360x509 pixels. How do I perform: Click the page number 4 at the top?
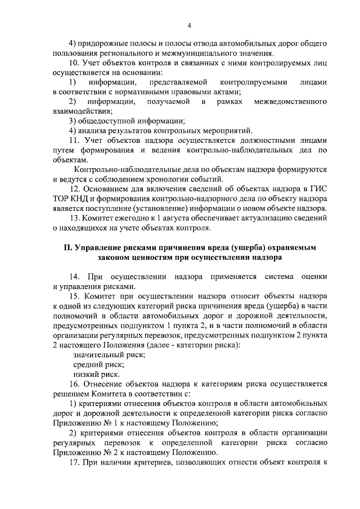[190, 25]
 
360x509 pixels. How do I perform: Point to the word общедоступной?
[105, 121]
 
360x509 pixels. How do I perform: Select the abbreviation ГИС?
[318, 189]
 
